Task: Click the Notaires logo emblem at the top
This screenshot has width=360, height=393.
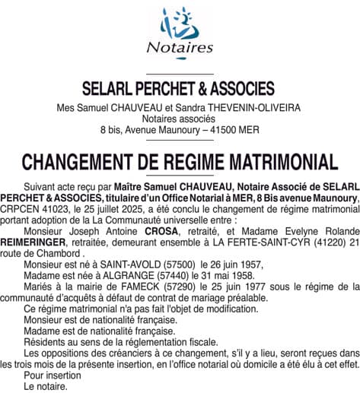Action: point(180,22)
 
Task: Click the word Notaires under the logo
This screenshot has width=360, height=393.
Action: point(180,47)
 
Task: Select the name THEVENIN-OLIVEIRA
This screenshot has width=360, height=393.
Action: point(237,108)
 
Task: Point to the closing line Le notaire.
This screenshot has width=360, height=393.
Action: point(46,385)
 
